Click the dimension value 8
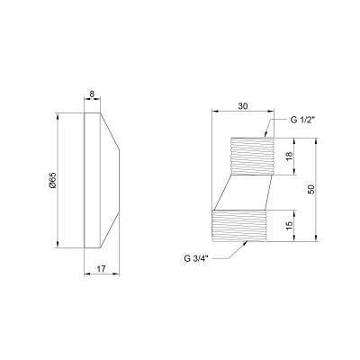(92, 94)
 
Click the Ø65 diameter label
(53, 180)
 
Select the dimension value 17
(102, 269)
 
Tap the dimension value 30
(243, 106)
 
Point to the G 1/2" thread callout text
(302, 120)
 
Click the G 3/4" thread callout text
(196, 259)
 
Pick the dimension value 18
(289, 157)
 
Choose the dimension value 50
(311, 189)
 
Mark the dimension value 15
(289, 226)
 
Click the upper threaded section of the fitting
(252, 156)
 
